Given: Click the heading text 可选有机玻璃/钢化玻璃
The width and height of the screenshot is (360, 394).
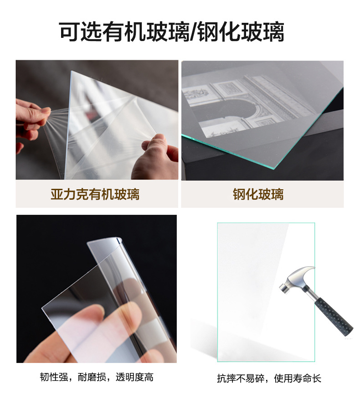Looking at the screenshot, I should pyautogui.click(x=172, y=32).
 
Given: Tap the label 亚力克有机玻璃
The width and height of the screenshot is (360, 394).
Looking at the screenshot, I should pyautogui.click(x=95, y=195).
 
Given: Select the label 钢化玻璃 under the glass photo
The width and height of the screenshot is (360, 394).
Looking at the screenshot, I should pyautogui.click(x=258, y=195).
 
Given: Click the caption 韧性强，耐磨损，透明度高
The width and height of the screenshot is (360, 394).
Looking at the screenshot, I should pyautogui.click(x=96, y=377).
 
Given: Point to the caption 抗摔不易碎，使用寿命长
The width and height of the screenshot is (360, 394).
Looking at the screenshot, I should pyautogui.click(x=269, y=378).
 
